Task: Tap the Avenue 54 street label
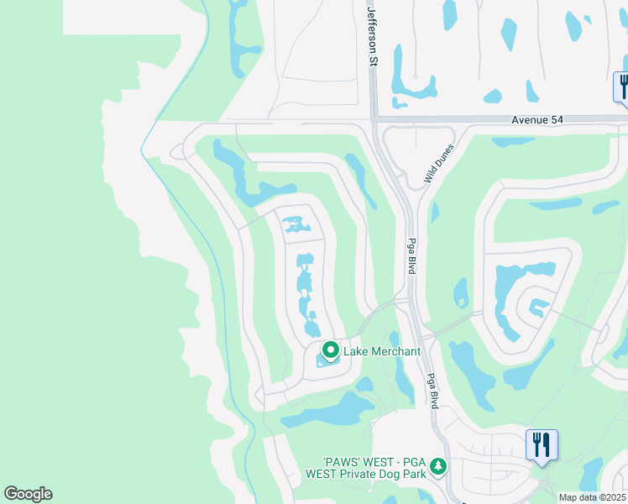coord(537,120)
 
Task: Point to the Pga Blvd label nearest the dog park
coord(432,390)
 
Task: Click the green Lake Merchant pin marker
coord(331,350)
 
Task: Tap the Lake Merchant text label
coord(382,351)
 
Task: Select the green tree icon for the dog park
coord(437,465)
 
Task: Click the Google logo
coord(28,494)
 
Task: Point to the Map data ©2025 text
coord(592,497)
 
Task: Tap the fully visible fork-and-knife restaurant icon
coord(542,443)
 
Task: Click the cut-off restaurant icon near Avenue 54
coord(622,87)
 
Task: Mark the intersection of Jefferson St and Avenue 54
coord(374,119)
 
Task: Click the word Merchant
coord(394,351)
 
